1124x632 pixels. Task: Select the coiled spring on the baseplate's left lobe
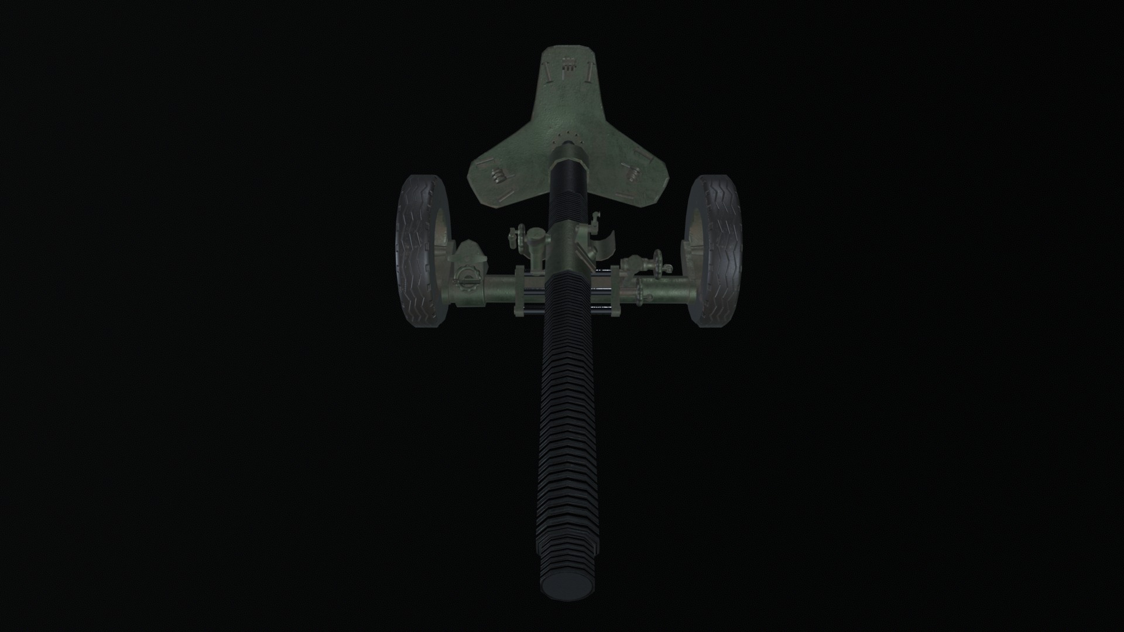(x=498, y=175)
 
